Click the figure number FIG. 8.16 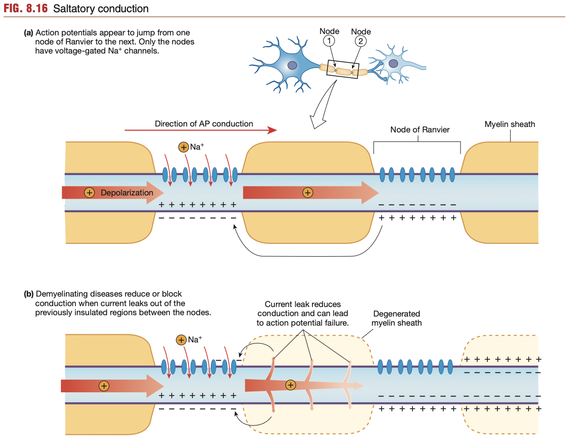click(x=25, y=9)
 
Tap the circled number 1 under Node click(x=329, y=41)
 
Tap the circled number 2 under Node click(x=361, y=41)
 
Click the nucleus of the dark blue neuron click(x=292, y=65)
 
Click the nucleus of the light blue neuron click(x=393, y=63)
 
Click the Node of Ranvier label click(x=420, y=130)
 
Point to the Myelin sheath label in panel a click(x=510, y=124)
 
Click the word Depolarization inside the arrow click(x=127, y=193)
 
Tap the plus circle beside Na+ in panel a click(x=183, y=147)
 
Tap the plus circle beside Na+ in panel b click(x=181, y=340)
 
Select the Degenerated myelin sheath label click(x=397, y=318)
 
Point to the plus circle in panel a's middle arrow click(x=308, y=193)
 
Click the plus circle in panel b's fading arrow click(x=291, y=385)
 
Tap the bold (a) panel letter click(x=29, y=33)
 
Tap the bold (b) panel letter click(x=29, y=294)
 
